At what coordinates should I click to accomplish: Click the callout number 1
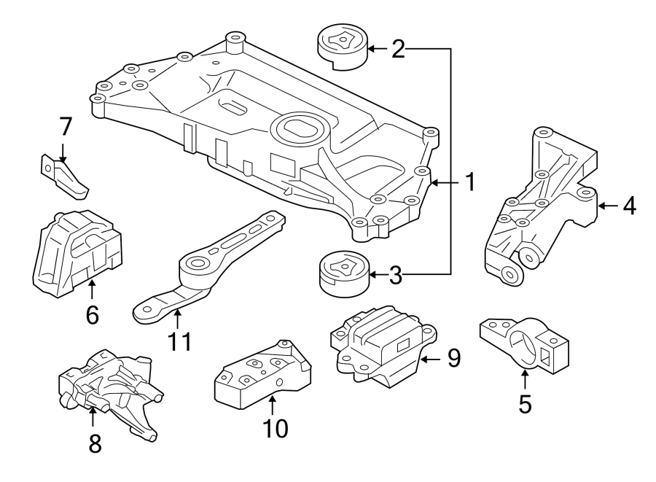470,182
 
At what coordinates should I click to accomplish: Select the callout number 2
398,49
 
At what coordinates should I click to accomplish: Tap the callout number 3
396,275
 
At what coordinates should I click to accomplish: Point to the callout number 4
628,206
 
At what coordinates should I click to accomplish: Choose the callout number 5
525,403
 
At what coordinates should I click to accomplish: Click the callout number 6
92,315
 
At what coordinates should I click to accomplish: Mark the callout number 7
66,126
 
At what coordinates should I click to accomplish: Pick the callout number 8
95,443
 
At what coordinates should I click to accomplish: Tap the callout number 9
454,358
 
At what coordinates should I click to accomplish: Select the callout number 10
277,428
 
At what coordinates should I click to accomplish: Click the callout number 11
179,341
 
